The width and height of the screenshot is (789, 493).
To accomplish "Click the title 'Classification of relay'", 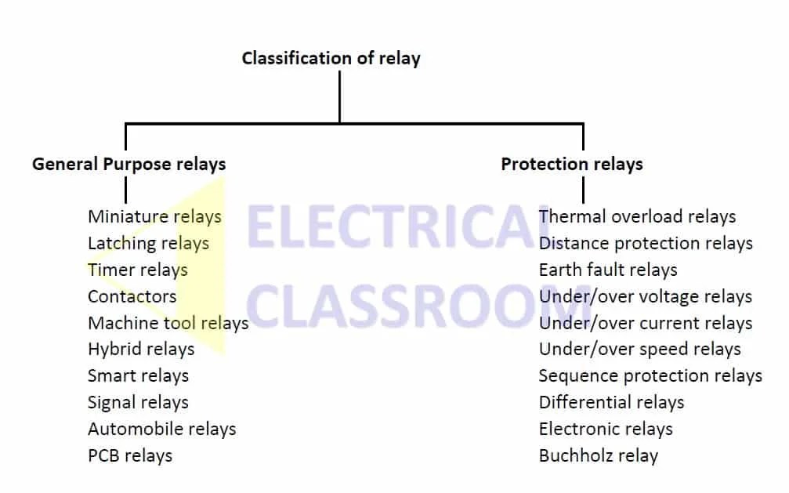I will pyautogui.click(x=331, y=58).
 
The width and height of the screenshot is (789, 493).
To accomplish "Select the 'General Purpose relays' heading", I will pyautogui.click(x=128, y=164).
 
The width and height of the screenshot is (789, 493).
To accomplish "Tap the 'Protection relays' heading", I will pyautogui.click(x=572, y=164).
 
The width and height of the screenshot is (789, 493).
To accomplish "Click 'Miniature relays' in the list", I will pyautogui.click(x=154, y=216).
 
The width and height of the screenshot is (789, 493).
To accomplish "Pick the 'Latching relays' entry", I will pyautogui.click(x=148, y=243).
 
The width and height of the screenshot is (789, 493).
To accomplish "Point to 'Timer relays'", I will pyautogui.click(x=138, y=270).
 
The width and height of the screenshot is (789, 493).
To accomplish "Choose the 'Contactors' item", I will pyautogui.click(x=132, y=296).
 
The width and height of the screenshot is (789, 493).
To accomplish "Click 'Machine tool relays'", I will pyautogui.click(x=168, y=323).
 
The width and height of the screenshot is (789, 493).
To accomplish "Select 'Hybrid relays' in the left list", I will pyautogui.click(x=141, y=350).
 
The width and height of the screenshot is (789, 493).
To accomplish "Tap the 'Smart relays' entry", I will pyautogui.click(x=138, y=376).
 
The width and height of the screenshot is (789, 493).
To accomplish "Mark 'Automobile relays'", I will pyautogui.click(x=161, y=430).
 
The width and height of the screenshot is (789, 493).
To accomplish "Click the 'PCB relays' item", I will pyautogui.click(x=130, y=456).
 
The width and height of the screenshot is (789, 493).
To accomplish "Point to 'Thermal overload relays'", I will pyautogui.click(x=637, y=216).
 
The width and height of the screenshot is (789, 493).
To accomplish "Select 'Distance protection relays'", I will pyautogui.click(x=646, y=243).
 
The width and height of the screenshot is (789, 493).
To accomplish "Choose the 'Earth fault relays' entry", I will pyautogui.click(x=608, y=270).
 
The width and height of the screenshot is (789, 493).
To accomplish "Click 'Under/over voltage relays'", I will pyautogui.click(x=645, y=296).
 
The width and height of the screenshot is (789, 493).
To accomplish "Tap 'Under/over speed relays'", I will pyautogui.click(x=639, y=350).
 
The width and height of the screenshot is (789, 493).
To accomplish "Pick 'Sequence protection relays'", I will pyautogui.click(x=650, y=376).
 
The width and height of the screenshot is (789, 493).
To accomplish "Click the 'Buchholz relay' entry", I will pyautogui.click(x=599, y=456).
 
